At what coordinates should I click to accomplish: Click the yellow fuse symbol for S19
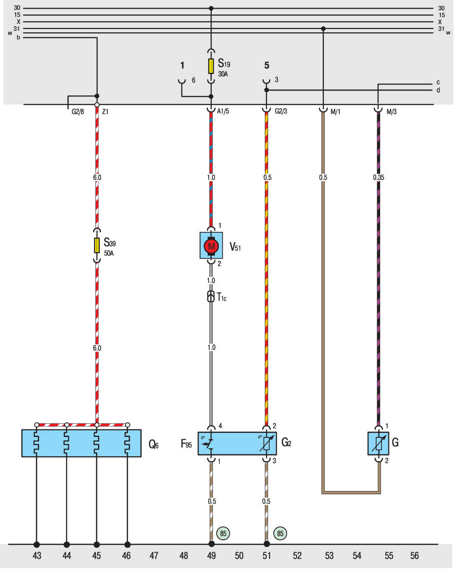211,66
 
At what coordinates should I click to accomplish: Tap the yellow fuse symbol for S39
97,246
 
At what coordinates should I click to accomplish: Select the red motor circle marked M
211,246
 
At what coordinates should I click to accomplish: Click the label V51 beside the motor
235,247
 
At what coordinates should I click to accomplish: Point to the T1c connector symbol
211,297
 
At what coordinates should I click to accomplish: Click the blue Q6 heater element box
81,443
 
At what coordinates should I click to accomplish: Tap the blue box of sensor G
378,443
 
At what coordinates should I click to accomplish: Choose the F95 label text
186,444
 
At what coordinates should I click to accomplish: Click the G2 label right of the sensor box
286,442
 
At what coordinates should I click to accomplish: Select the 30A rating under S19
223,74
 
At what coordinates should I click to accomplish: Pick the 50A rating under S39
109,253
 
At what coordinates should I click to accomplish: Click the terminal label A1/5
223,111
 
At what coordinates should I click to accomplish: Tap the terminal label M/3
392,112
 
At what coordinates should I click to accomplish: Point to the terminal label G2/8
78,112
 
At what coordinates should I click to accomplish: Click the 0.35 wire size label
378,177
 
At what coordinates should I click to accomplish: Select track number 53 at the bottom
329,556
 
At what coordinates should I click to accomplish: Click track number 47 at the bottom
154,556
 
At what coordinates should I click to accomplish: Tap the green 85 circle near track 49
223,533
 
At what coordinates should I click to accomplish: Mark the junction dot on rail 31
323,29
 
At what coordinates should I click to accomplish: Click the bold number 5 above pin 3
267,65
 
